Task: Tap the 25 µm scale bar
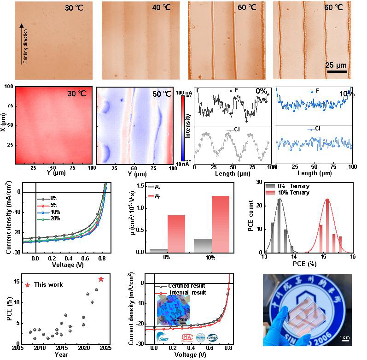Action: pyautogui.click(x=336, y=71)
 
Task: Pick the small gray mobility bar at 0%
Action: pyautogui.click(x=158, y=251)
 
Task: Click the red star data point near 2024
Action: pyautogui.click(x=101, y=279)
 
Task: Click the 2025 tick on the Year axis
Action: pyautogui.click(x=105, y=348)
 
